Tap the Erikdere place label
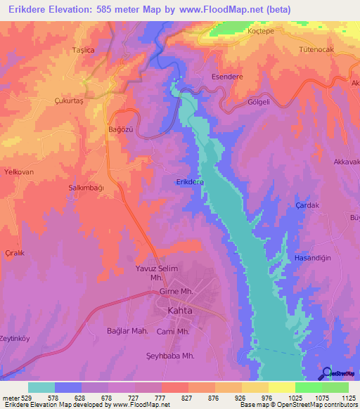(x=190, y=182)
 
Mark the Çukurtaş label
(x=69, y=100)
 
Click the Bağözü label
(x=100, y=131)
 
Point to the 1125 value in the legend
(x=347, y=398)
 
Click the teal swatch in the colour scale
(x=41, y=387)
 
